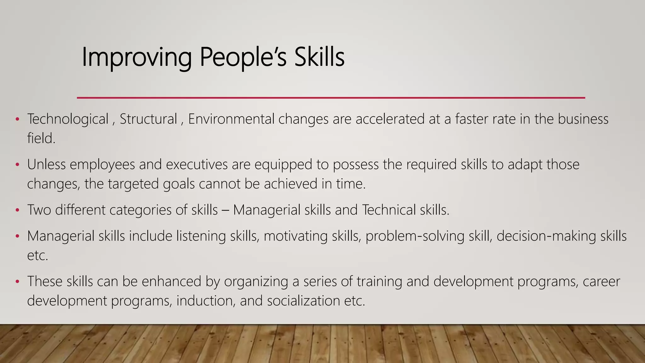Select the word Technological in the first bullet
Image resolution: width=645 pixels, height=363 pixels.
pos(68,119)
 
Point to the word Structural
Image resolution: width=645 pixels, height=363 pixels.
pos(148,119)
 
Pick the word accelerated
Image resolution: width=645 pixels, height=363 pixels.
pos(390,119)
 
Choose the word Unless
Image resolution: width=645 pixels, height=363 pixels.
pos(46,164)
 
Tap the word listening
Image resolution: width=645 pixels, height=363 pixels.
pos(201,236)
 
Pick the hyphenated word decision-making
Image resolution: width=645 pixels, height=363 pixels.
pos(546,236)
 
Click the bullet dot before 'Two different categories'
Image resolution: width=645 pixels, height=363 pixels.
pos(18,210)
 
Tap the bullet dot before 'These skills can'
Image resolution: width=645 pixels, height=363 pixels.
pos(18,281)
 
